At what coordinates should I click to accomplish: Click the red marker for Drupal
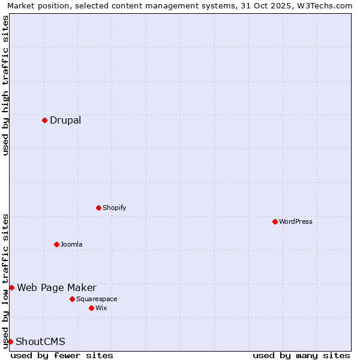point(44,120)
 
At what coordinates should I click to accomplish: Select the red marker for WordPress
point(275,221)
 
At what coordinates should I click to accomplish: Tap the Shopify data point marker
point(98,208)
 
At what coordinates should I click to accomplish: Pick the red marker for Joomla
point(56,244)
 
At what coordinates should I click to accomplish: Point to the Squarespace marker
point(72,299)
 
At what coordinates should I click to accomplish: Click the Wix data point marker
point(91,308)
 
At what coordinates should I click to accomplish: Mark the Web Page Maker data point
point(11,287)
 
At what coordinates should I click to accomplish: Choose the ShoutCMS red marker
point(10,341)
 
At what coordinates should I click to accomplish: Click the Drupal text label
point(65,120)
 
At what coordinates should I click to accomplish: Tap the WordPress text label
point(296,221)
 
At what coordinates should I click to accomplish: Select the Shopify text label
point(114,208)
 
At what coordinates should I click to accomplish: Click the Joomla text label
point(71,244)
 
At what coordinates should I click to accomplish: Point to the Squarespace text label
point(97,299)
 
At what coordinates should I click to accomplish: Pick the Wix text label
point(101,308)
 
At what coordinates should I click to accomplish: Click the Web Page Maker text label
point(56,287)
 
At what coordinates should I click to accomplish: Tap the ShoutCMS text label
point(40,341)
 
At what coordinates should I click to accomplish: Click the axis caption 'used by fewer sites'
point(62,355)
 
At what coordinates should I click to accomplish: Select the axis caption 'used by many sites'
point(301,355)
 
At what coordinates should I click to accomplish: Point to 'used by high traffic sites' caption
point(5,85)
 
